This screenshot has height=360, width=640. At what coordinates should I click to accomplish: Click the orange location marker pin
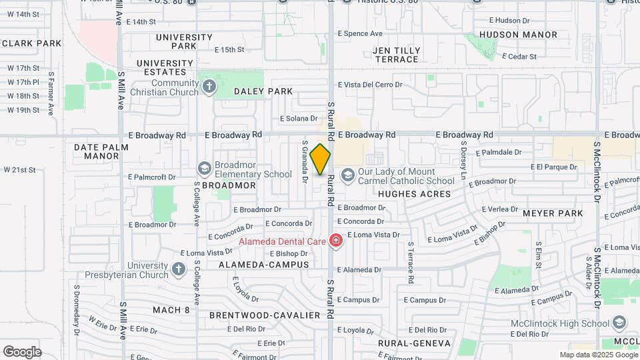pos(321,159)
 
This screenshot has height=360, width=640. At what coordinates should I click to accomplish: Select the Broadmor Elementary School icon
pos(204,168)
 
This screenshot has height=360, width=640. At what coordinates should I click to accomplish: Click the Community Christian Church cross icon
pos(209,87)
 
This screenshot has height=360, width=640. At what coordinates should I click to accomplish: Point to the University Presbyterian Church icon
pos(178,269)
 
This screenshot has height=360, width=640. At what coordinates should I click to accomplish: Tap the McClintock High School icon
pos(619,323)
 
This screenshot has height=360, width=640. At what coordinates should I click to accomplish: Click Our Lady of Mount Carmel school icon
pos(347,175)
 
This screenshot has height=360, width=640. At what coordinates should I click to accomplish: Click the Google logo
pos(21,351)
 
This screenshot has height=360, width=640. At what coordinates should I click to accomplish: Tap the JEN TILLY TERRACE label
pos(397,55)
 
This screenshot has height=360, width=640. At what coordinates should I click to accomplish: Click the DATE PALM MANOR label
pos(96,151)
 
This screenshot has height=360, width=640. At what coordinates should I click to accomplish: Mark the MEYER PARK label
pos(553,213)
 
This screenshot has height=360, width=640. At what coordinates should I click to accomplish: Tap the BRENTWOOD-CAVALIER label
pos(260,315)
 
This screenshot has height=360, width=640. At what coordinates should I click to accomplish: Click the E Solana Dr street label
pos(299,119)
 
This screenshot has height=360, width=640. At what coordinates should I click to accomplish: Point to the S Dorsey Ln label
pos(461,160)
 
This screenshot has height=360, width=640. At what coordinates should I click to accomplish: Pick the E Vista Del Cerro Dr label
pos(370,85)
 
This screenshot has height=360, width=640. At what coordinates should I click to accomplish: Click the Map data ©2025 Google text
pos(597,355)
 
